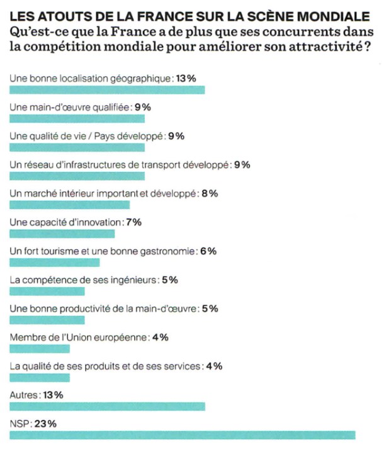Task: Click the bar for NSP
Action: pos(183,435)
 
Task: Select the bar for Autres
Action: pos(108,406)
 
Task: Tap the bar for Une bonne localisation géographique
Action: pos(108,89)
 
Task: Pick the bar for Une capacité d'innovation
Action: pos(62,233)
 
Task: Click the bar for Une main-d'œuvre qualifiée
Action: pos(77,118)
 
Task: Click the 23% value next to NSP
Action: pos(45,424)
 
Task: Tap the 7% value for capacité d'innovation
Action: pos(133,222)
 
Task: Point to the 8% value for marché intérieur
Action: pos(210,193)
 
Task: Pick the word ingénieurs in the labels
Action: pos(133,280)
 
